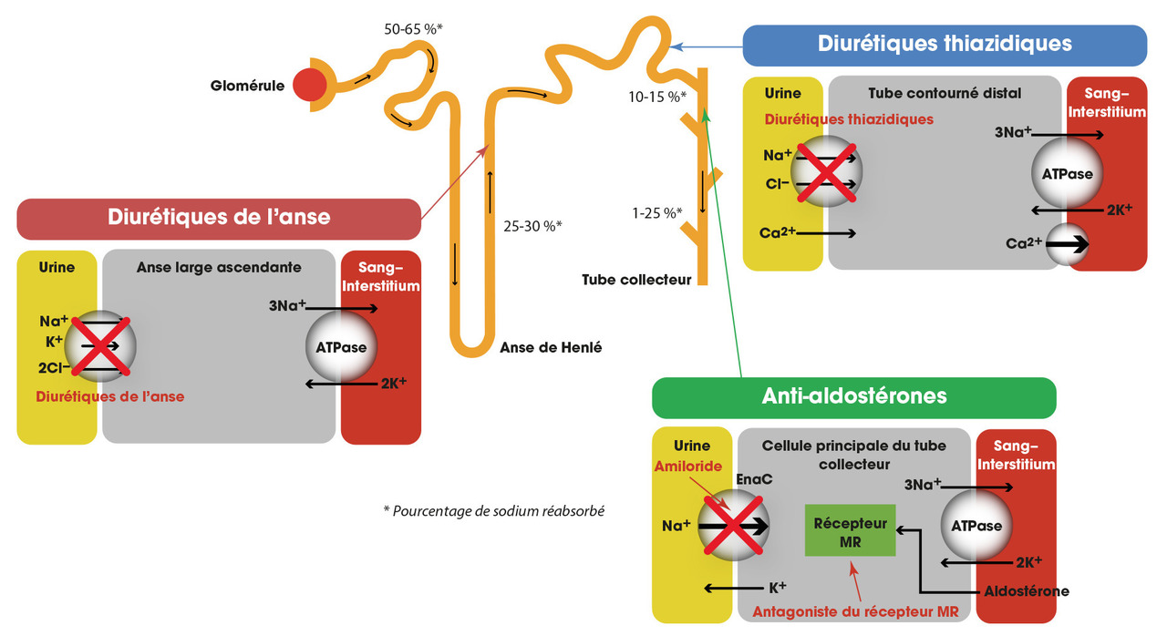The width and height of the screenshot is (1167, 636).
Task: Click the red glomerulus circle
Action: pyautogui.click(x=309, y=86)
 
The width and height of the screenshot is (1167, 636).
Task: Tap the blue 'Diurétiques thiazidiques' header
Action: pyautogui.click(x=944, y=44)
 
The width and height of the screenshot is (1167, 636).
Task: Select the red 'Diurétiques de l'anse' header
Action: pyautogui.click(x=219, y=218)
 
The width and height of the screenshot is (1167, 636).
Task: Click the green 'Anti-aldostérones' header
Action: pyautogui.click(x=853, y=396)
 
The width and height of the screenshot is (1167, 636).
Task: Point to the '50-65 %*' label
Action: pyautogui.click(x=413, y=29)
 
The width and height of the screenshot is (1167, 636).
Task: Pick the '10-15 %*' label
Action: pyautogui.click(x=657, y=96)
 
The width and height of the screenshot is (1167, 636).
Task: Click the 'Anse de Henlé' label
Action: pyautogui.click(x=551, y=347)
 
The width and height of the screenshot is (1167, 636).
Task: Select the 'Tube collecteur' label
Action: pyautogui.click(x=636, y=280)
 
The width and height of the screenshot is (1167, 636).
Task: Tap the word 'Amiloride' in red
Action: pyautogui.click(x=688, y=467)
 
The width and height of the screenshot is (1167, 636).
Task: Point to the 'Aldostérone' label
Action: pyautogui.click(x=1027, y=591)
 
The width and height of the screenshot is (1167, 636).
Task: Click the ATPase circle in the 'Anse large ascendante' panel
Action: pyautogui.click(x=340, y=347)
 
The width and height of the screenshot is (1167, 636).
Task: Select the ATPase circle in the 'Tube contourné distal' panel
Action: pyautogui.click(x=1068, y=172)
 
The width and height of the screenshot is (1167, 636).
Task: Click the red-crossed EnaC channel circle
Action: pyautogui.click(x=733, y=526)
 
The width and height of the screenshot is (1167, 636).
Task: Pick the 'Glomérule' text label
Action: pyautogui.click(x=246, y=87)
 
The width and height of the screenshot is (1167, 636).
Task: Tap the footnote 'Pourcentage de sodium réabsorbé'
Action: pyautogui.click(x=494, y=510)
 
